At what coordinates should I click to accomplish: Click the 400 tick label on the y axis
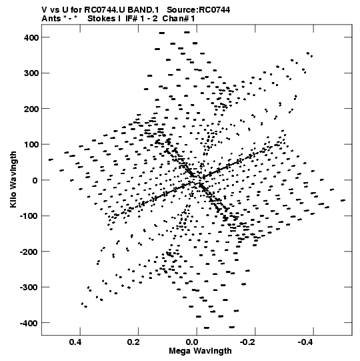(x=31, y=37)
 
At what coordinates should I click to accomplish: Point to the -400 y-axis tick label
(x=29, y=323)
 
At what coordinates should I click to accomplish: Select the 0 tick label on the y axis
(x=35, y=180)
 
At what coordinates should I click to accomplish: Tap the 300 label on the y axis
(x=31, y=73)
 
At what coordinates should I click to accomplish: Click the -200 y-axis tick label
(x=29, y=252)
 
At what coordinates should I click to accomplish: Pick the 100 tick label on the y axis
(x=31, y=145)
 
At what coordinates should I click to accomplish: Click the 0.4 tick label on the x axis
(x=75, y=342)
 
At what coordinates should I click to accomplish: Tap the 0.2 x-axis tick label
(x=133, y=342)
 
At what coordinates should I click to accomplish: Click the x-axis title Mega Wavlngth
(x=200, y=351)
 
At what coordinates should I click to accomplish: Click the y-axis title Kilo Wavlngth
(x=13, y=179)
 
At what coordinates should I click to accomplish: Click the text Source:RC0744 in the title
(x=198, y=10)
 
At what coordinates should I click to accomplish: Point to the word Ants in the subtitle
(x=51, y=19)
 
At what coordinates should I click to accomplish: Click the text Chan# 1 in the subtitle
(x=179, y=19)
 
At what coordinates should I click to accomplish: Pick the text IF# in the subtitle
(x=131, y=19)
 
